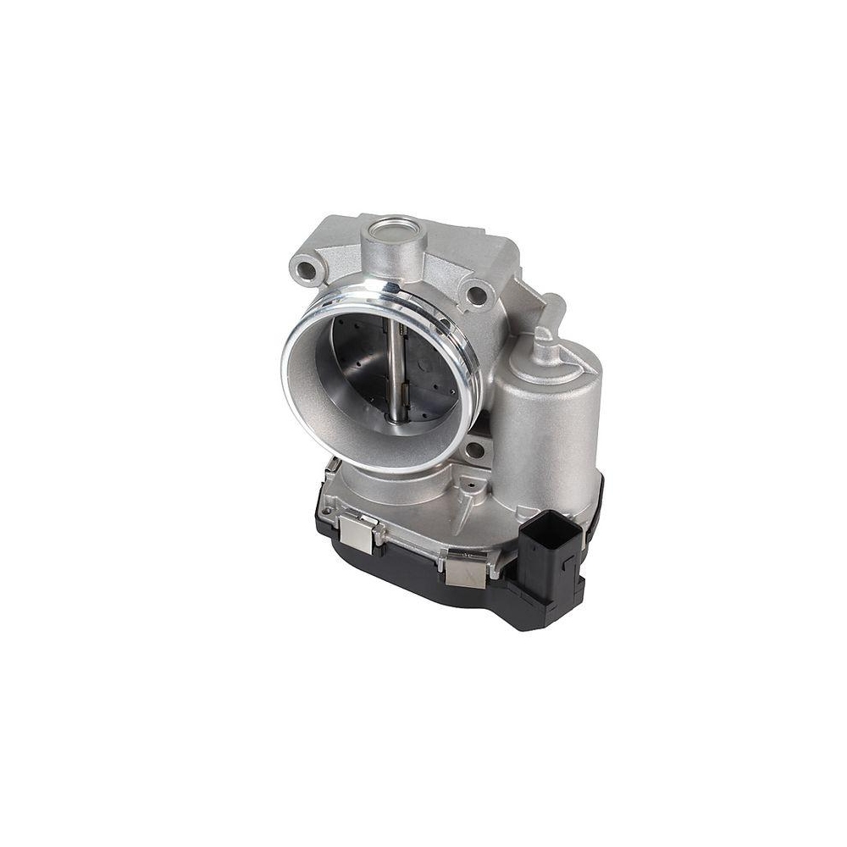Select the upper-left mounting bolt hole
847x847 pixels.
(x=306, y=269)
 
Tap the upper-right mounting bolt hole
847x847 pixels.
(x=477, y=295)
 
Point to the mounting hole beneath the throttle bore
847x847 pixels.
(x=475, y=450)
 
